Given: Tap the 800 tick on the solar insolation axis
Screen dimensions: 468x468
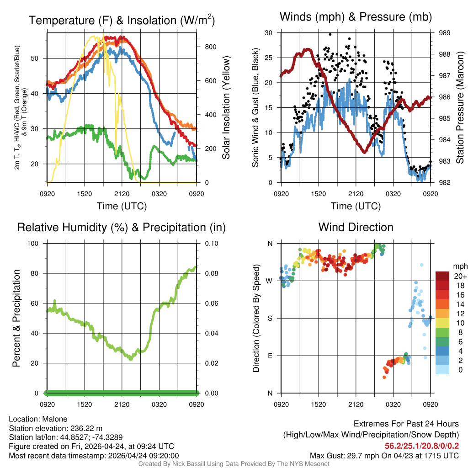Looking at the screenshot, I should (207, 47).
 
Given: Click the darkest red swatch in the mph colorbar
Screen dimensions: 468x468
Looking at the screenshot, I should (442, 276).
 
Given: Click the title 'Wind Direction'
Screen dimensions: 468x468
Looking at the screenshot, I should (356, 227).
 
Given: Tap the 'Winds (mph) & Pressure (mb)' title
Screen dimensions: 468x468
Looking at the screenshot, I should (356, 17).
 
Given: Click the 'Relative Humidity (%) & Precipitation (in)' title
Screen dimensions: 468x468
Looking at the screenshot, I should (122, 227).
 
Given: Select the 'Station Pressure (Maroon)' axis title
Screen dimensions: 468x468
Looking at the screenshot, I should (460, 108).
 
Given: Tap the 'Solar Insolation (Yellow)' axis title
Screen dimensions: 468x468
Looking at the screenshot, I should (226, 108).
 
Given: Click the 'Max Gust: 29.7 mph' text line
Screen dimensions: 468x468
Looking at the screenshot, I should (384, 455).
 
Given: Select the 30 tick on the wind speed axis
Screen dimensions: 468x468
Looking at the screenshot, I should (269, 33).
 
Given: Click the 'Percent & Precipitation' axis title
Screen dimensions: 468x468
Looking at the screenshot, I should (16, 319).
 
